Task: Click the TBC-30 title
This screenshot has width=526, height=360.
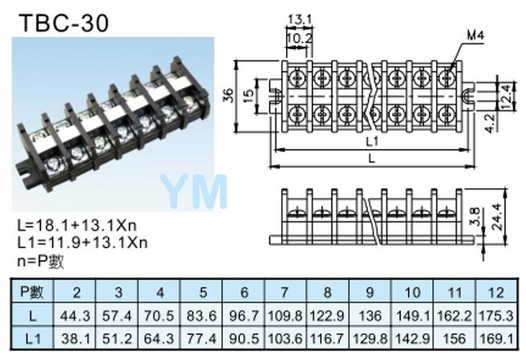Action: click(63, 23)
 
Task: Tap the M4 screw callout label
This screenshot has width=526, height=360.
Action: click(476, 35)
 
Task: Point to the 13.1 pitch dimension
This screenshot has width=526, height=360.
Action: click(300, 19)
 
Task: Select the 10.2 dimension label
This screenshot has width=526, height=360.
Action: click(300, 39)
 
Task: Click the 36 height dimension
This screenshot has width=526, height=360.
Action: click(228, 96)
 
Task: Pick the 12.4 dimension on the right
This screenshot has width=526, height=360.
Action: click(508, 96)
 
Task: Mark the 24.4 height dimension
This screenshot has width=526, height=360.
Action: click(497, 217)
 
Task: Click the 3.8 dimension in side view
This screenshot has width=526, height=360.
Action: click(475, 217)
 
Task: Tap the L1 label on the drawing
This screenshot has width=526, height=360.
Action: click(372, 141)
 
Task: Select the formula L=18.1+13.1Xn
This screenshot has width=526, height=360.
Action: click(77, 225)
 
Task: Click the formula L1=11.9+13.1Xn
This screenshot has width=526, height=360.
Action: click(83, 242)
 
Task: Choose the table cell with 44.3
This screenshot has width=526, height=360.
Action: click(75, 316)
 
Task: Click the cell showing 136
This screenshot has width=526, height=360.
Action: click(370, 316)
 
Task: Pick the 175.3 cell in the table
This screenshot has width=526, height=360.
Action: click(496, 316)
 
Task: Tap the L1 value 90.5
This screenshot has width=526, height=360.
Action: click(244, 338)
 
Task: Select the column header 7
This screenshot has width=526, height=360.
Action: click(284, 292)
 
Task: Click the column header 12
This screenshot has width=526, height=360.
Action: click(496, 292)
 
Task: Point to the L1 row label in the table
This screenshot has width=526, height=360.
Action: click(33, 338)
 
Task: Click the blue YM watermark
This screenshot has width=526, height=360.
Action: click(194, 191)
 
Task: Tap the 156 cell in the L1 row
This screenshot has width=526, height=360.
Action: click(454, 338)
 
